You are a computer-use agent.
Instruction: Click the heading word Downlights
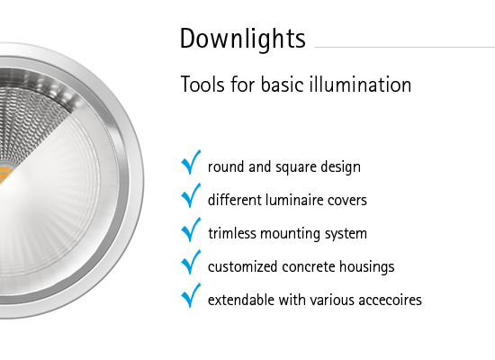tap(242, 40)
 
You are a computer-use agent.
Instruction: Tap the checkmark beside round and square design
tap(191, 164)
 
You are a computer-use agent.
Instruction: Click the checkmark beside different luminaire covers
tap(191, 197)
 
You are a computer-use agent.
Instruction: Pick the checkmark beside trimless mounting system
tap(191, 230)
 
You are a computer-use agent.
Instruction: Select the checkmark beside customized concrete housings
tap(191, 264)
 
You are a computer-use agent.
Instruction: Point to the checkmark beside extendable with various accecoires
tap(191, 296)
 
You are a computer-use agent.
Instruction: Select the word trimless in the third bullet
tap(231, 233)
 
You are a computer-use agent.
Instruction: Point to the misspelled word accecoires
tap(388, 299)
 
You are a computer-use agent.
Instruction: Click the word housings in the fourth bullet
tap(369, 266)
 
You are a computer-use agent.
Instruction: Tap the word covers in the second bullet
tap(347, 200)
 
